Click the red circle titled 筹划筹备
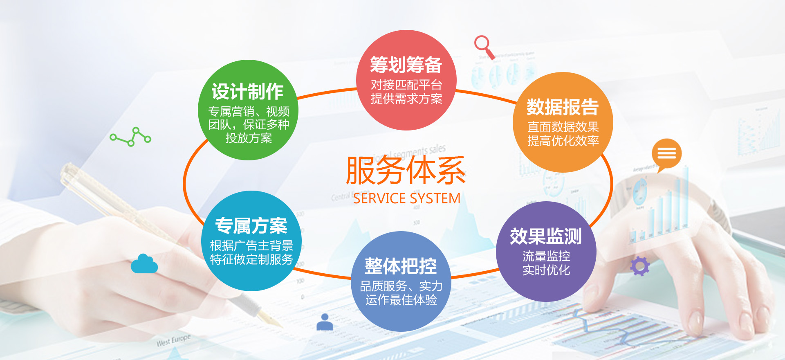click(406, 80)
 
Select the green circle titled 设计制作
click(248, 110)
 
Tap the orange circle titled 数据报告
click(563, 122)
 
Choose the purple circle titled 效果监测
click(546, 252)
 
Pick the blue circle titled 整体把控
click(401, 281)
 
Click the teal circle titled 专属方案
click(251, 241)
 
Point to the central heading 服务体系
click(406, 171)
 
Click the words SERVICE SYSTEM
click(407, 198)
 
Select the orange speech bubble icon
click(666, 155)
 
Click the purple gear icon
click(640, 266)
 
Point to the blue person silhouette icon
click(325, 322)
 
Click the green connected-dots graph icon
click(130, 137)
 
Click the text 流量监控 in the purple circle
click(546, 256)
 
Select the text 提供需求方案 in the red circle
click(406, 99)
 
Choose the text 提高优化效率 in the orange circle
click(563, 141)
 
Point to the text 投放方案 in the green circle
click(249, 138)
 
